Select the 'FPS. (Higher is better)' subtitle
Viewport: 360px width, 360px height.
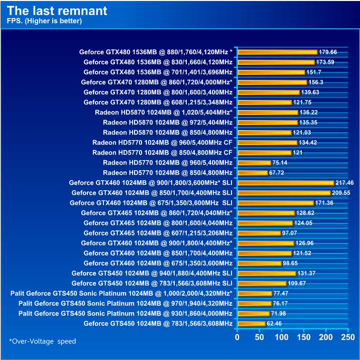pos(44,21)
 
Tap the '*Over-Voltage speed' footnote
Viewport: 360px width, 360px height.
pos(43,341)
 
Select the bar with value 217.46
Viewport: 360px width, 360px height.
pos(285,183)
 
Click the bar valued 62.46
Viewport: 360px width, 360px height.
pos(251,323)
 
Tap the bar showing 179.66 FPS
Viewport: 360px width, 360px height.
pos(277,52)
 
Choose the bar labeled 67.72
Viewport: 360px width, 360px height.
pos(252,173)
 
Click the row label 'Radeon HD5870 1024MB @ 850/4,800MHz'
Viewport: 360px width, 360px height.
pos(168,133)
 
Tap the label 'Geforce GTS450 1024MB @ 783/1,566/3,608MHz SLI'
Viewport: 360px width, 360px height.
pos(152,283)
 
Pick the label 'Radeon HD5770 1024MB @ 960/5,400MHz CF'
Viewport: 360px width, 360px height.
pos(162,143)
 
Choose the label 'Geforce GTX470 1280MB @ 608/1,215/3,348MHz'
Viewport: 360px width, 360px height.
pos(158,102)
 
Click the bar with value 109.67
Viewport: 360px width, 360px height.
pos(261,283)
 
